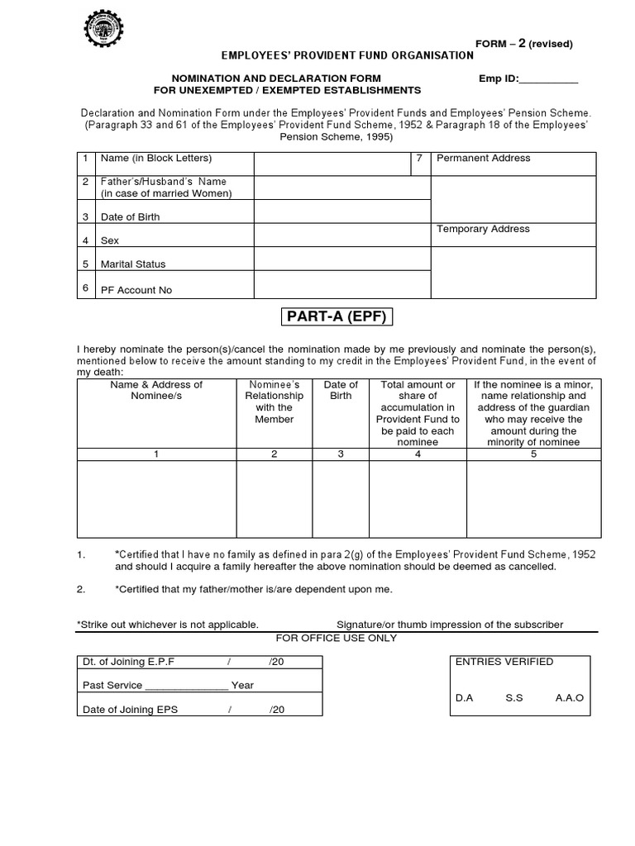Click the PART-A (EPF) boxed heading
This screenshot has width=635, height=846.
[x=336, y=317]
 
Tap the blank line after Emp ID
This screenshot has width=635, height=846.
[x=549, y=79]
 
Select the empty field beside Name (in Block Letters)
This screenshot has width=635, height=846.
[x=332, y=164]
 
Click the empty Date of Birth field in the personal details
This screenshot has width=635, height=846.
[x=341, y=212]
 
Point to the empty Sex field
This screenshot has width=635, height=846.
[x=341, y=236]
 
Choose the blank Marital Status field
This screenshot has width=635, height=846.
[x=341, y=259]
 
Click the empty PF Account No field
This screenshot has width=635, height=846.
[x=341, y=285]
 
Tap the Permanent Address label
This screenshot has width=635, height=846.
[x=483, y=158]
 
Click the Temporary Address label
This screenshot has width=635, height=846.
[x=483, y=229]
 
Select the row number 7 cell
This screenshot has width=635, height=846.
[x=420, y=158]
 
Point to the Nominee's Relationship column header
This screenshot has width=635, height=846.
[x=274, y=402]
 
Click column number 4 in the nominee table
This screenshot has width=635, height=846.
[x=418, y=454]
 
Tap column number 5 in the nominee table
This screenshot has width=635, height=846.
[x=533, y=454]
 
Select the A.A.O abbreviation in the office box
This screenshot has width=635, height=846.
[x=570, y=698]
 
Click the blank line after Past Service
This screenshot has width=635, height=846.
[x=187, y=686]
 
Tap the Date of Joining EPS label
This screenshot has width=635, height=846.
[x=130, y=710]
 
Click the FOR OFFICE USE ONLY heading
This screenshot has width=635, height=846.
[x=336, y=638]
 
